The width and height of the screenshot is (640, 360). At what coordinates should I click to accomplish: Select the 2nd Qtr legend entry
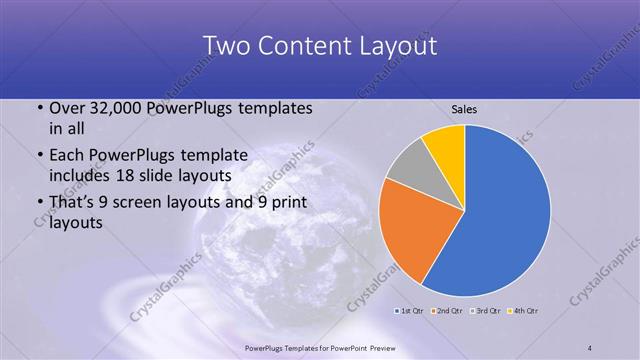448,311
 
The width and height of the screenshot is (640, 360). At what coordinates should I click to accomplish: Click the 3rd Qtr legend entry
486,311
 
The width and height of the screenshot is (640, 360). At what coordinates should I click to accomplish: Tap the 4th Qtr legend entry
523,311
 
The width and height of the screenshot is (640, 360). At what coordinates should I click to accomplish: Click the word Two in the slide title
226,46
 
